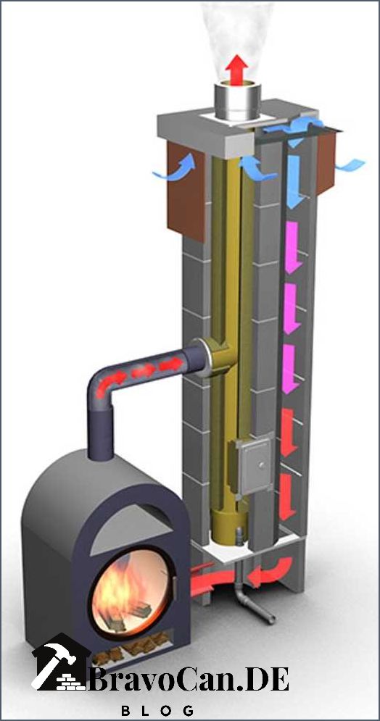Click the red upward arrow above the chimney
tap(237, 70)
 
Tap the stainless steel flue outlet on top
tap(238, 101)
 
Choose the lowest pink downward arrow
tap(290, 369)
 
